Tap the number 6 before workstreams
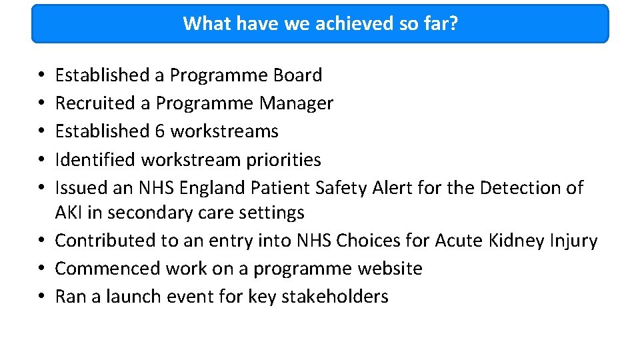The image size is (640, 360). point(159,131)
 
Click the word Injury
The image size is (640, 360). point(575,241)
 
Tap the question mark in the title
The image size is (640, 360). point(453,23)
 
